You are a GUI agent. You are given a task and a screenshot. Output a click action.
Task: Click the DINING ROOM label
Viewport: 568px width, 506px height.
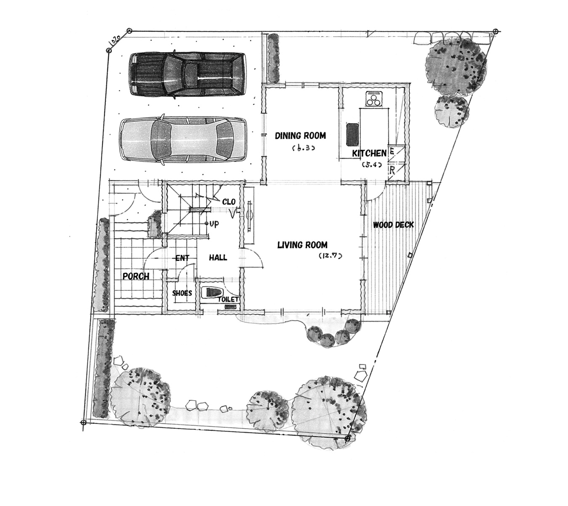[300, 136]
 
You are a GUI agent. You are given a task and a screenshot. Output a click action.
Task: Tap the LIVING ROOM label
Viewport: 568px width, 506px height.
[302, 245]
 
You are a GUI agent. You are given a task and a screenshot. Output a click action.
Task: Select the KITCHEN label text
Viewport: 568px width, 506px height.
[369, 153]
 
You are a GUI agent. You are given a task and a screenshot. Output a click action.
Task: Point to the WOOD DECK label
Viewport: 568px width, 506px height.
[393, 224]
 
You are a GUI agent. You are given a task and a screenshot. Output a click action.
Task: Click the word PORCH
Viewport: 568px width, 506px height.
[136, 277]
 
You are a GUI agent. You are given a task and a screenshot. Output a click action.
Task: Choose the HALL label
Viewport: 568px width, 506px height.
[218, 258]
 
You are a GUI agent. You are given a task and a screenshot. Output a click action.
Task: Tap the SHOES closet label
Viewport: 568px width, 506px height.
[182, 293]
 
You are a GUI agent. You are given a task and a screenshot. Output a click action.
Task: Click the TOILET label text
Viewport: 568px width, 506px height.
[228, 299]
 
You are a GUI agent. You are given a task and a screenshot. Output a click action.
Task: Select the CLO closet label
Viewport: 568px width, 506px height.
[229, 202]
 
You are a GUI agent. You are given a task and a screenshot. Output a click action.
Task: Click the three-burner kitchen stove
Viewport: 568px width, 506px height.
[374, 99]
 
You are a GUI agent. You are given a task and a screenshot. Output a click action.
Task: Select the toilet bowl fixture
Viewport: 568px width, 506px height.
[212, 293]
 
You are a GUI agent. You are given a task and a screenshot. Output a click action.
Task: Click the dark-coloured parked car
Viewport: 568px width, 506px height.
[187, 75]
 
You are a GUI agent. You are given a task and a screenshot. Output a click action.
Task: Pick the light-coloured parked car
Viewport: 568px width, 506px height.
[183, 140]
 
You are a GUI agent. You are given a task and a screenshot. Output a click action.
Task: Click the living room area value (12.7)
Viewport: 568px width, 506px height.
[331, 256]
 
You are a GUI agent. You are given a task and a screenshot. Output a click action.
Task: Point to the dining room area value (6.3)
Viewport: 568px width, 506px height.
[303, 148]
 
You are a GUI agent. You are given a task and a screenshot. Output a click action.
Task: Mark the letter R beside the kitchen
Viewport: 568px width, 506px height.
[392, 170]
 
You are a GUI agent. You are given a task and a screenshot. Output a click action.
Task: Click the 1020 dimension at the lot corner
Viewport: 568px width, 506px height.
[114, 41]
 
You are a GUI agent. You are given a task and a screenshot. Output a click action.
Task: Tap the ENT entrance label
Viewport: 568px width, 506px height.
[182, 258]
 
